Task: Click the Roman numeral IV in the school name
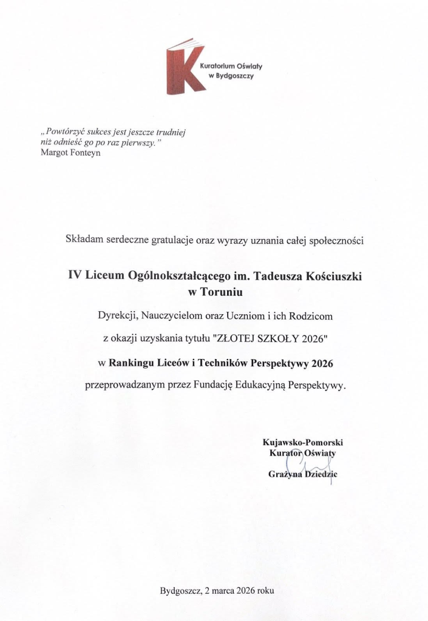(x=75, y=275)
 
